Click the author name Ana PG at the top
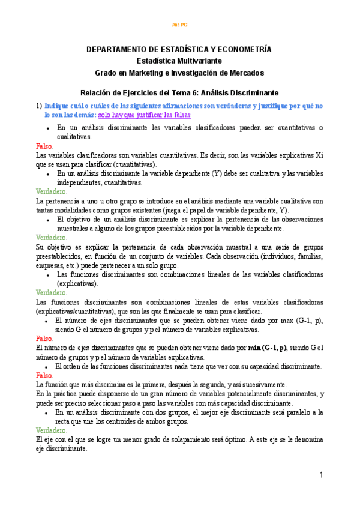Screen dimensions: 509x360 [x=179, y=25]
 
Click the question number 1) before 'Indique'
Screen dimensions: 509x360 [x=38, y=105]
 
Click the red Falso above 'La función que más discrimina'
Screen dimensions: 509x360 [x=44, y=375]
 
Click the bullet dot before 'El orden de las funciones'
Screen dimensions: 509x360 [x=47, y=366]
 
